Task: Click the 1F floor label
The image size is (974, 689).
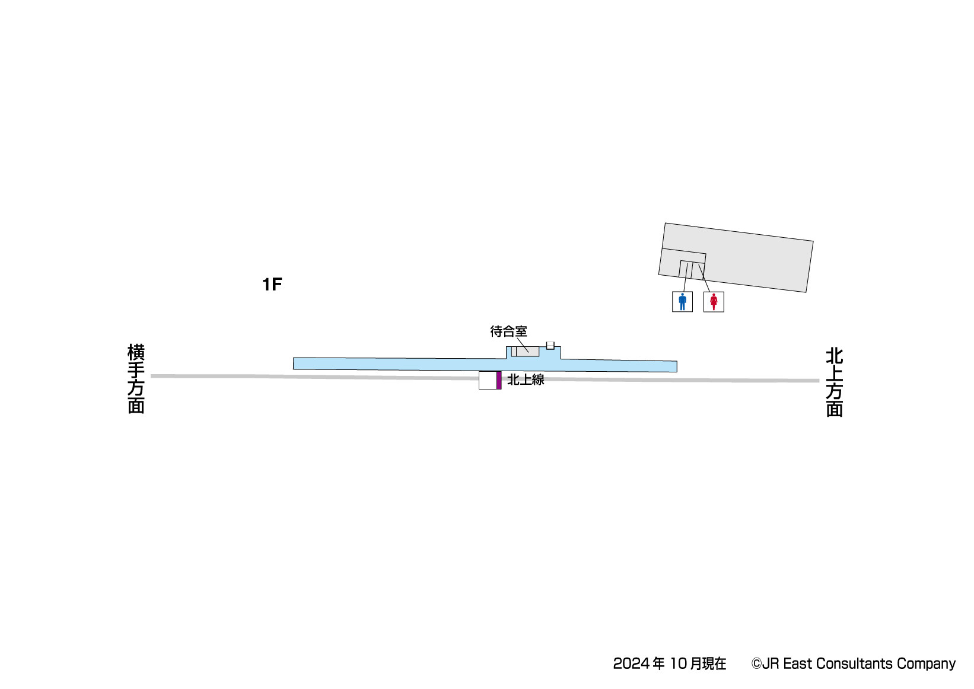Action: tap(272, 285)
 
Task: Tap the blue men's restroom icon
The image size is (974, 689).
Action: tap(682, 302)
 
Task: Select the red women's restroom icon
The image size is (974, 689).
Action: tap(714, 302)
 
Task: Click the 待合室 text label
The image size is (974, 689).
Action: tap(508, 331)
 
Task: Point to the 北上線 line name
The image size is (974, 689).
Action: tap(526, 379)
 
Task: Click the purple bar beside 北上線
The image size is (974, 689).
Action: tap(499, 380)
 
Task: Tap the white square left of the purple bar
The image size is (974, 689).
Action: tap(488, 380)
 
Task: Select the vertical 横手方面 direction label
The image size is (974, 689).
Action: tap(136, 379)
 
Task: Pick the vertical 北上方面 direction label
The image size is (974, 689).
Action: tap(835, 382)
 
